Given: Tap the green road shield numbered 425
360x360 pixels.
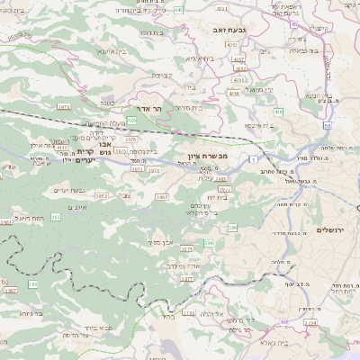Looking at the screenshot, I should (131, 119).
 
